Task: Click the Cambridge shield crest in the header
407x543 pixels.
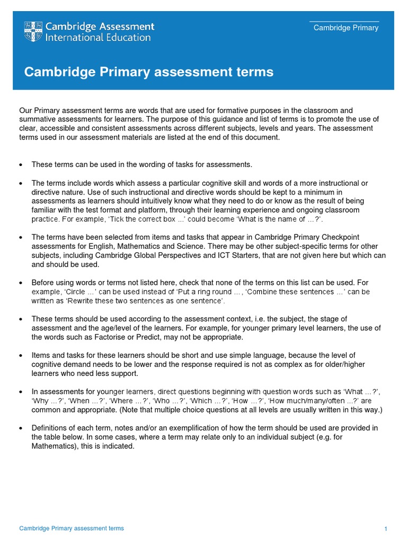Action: point(33,32)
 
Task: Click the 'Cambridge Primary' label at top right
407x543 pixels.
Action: point(346,28)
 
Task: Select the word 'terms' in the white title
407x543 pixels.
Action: point(256,72)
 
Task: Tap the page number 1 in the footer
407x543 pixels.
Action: point(386,529)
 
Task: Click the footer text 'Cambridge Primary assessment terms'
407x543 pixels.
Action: point(72,528)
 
